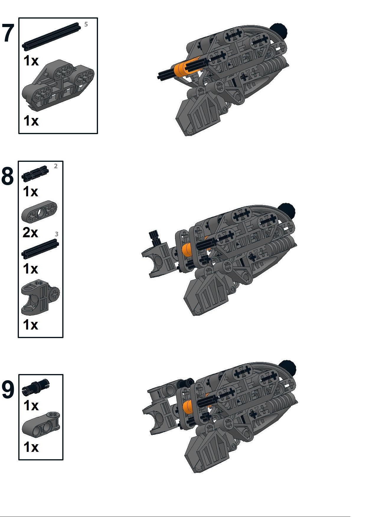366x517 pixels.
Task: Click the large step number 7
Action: pyautogui.click(x=8, y=33)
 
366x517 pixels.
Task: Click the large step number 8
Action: pyautogui.click(x=7, y=176)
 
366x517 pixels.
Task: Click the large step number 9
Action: pyautogui.click(x=8, y=390)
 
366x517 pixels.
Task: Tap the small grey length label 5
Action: pyautogui.click(x=86, y=24)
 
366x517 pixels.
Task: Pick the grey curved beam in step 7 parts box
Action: pyautogui.click(x=58, y=85)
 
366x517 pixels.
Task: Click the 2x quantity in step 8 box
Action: pyautogui.click(x=30, y=233)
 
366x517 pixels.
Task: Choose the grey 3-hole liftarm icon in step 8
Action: pyautogui.click(x=39, y=211)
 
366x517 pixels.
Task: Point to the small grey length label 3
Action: pyautogui.click(x=56, y=234)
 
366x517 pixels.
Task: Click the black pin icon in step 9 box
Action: pyautogui.click(x=36, y=386)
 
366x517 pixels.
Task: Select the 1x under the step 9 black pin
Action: pyautogui.click(x=31, y=406)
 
